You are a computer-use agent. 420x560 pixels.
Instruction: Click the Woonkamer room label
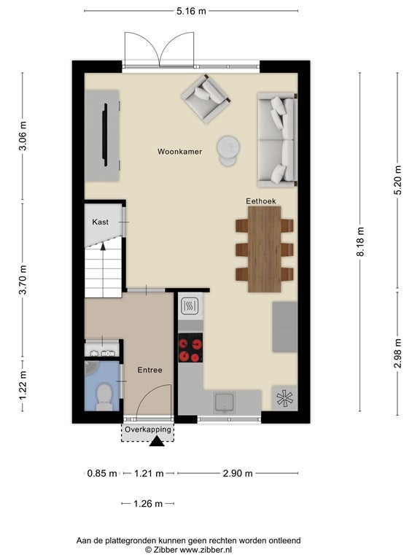pyautogui.click(x=179, y=152)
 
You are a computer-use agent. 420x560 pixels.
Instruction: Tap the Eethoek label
pyautogui.click(x=261, y=201)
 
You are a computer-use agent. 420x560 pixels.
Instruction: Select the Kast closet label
pyautogui.click(x=100, y=222)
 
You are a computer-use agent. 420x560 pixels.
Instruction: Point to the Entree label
pyautogui.click(x=149, y=370)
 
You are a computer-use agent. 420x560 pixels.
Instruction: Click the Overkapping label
pyautogui.click(x=147, y=429)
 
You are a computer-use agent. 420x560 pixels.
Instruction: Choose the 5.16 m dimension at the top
pyautogui.click(x=191, y=11)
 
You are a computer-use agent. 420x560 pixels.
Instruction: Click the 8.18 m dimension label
pyautogui.click(x=360, y=241)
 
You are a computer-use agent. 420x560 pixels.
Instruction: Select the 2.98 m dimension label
pyautogui.click(x=397, y=354)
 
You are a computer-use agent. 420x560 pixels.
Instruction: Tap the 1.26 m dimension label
pyautogui.click(x=148, y=504)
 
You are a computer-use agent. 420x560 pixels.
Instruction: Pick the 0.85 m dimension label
pyautogui.click(x=102, y=473)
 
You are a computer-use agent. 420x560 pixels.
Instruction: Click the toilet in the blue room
pyautogui.click(x=104, y=397)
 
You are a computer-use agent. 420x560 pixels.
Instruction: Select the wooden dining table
pyautogui.click(x=264, y=249)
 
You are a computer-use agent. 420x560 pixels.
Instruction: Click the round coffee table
pyautogui.click(x=228, y=150)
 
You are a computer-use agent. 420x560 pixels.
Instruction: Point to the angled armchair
pyautogui.click(x=206, y=98)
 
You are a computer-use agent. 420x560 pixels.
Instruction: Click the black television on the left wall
pyautogui.click(x=105, y=134)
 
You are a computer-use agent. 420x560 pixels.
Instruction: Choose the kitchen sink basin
pyautogui.click(x=224, y=402)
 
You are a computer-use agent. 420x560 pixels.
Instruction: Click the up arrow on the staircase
pyautogui.click(x=103, y=246)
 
